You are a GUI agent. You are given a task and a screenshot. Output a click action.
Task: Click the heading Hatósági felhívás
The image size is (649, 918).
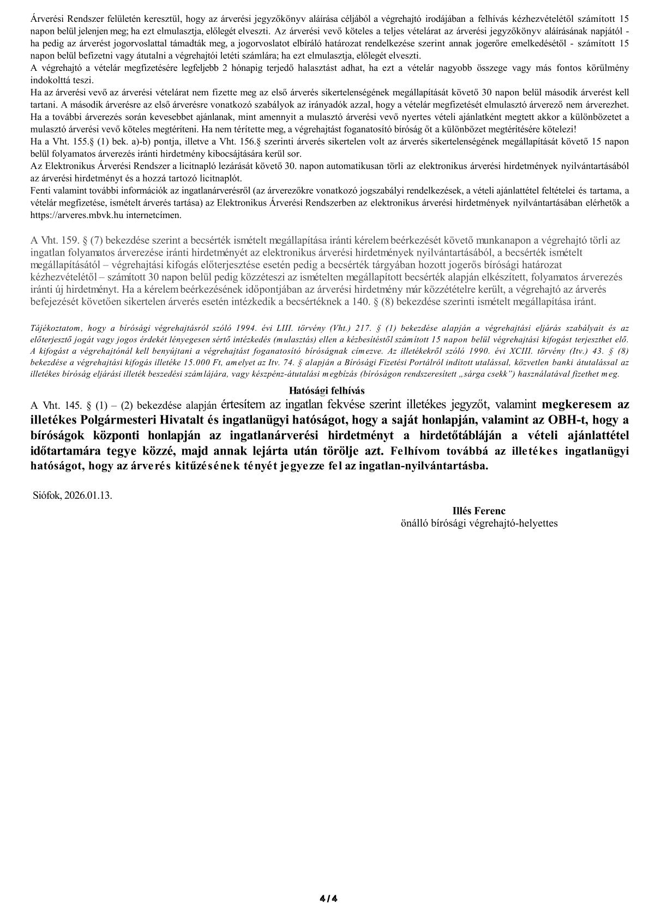pyautogui.click(x=326, y=390)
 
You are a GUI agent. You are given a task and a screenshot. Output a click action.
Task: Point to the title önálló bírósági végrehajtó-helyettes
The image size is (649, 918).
pyautogui.click(x=479, y=523)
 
